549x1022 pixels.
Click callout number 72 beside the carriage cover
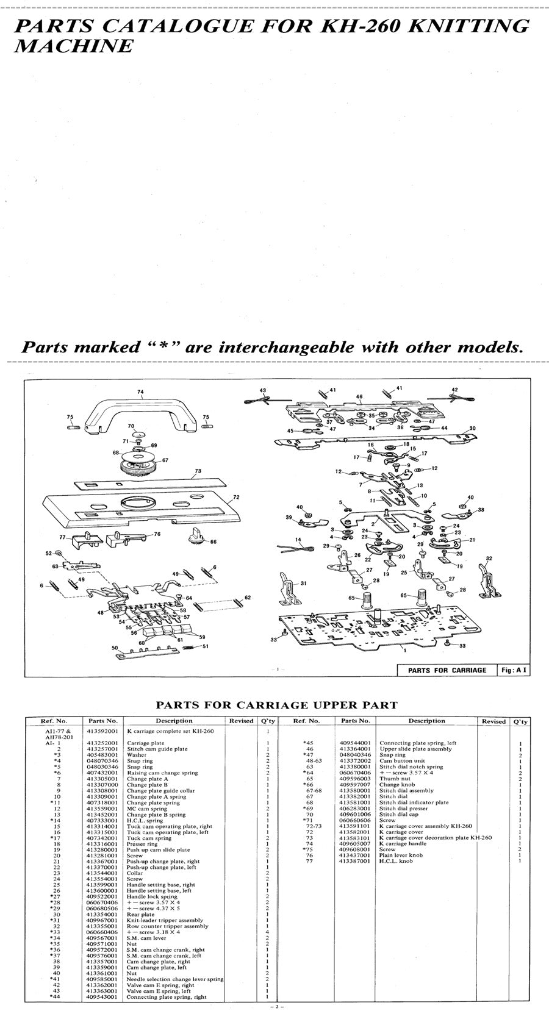click(x=236, y=497)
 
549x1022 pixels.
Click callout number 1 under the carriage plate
click(x=404, y=651)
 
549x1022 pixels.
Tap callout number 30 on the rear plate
click(x=472, y=429)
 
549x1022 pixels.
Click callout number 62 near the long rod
click(x=247, y=598)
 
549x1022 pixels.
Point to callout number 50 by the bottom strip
click(x=114, y=648)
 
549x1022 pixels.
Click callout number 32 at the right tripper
click(x=489, y=559)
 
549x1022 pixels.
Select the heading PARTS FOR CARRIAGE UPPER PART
click(x=276, y=705)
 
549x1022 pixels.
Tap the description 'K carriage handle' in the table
click(x=403, y=843)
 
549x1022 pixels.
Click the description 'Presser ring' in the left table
click(x=142, y=844)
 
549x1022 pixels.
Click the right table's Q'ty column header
click(x=520, y=721)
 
